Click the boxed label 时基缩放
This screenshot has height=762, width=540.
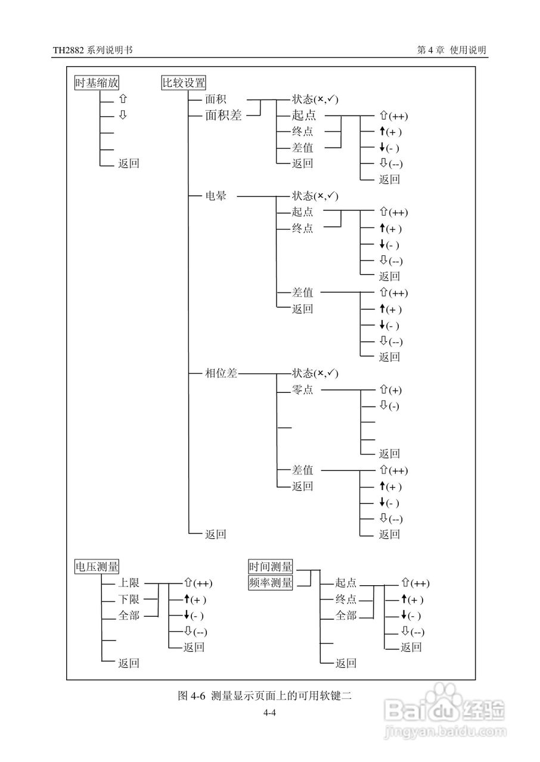coord(97,83)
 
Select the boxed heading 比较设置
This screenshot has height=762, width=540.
coord(184,83)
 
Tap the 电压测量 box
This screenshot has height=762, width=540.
coord(97,567)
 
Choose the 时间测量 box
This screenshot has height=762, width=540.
coord(271,567)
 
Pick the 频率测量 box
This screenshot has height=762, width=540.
coord(271,583)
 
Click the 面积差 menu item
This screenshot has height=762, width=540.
coord(224,115)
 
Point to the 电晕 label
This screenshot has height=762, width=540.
coord(216,196)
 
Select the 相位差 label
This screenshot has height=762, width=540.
coord(221,373)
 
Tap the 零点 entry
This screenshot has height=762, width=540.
coord(302,390)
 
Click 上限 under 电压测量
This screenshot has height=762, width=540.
coord(129,583)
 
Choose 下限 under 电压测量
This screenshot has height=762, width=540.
coord(129,599)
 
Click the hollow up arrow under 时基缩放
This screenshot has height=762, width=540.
coord(122,99)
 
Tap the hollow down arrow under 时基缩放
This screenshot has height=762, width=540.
coord(122,115)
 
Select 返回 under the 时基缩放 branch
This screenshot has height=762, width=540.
coord(129,164)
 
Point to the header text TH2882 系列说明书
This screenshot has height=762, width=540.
coord(92,51)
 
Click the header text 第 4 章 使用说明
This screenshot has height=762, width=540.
coord(452,51)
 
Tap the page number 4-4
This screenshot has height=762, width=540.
coord(269,713)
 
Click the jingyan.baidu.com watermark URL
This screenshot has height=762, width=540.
coord(445,730)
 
